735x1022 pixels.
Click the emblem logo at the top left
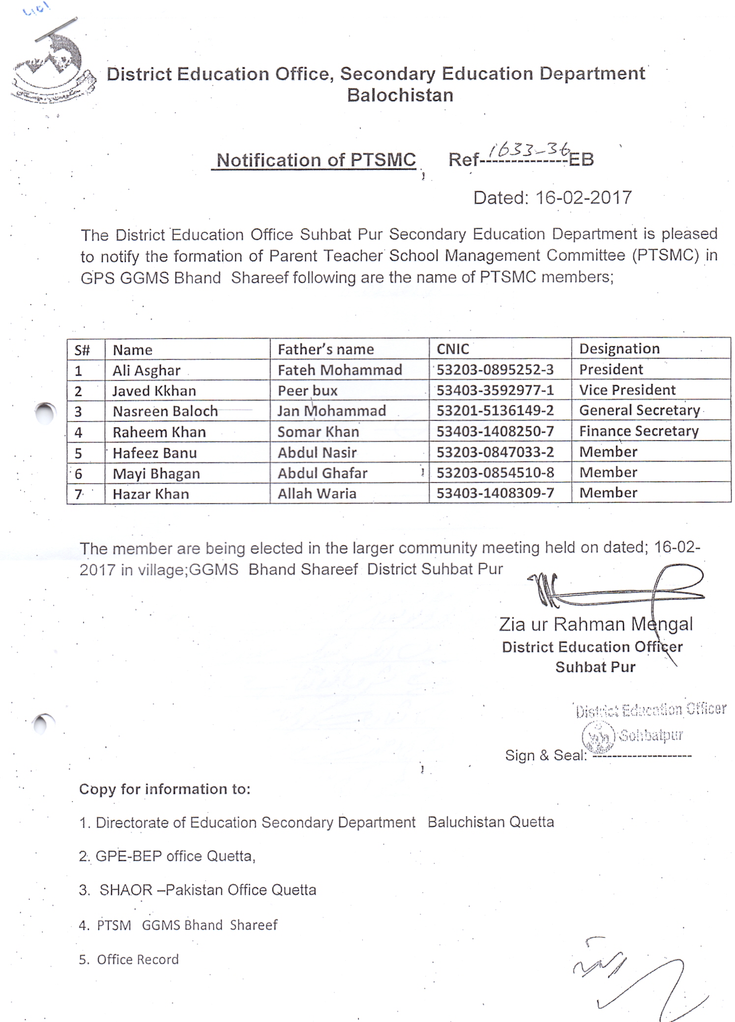[52, 66]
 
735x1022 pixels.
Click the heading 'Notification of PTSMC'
[316, 160]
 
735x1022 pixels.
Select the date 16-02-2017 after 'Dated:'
[583, 198]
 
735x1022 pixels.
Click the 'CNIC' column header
[453, 349]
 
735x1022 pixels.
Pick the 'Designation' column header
[619, 348]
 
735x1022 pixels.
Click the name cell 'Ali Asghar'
[147, 370]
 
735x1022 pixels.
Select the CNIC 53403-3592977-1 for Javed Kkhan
[495, 390]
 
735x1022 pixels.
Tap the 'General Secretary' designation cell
[639, 410]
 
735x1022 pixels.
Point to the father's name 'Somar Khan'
[318, 432]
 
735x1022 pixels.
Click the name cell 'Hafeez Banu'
[154, 452]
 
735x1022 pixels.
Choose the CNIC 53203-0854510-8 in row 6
[495, 473]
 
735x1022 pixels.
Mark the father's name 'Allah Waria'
[317, 493]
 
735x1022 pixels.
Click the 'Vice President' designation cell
[627, 390]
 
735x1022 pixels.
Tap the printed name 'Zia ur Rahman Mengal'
[595, 625]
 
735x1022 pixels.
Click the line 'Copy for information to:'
[165, 789]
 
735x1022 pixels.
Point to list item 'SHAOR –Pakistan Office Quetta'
[207, 890]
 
